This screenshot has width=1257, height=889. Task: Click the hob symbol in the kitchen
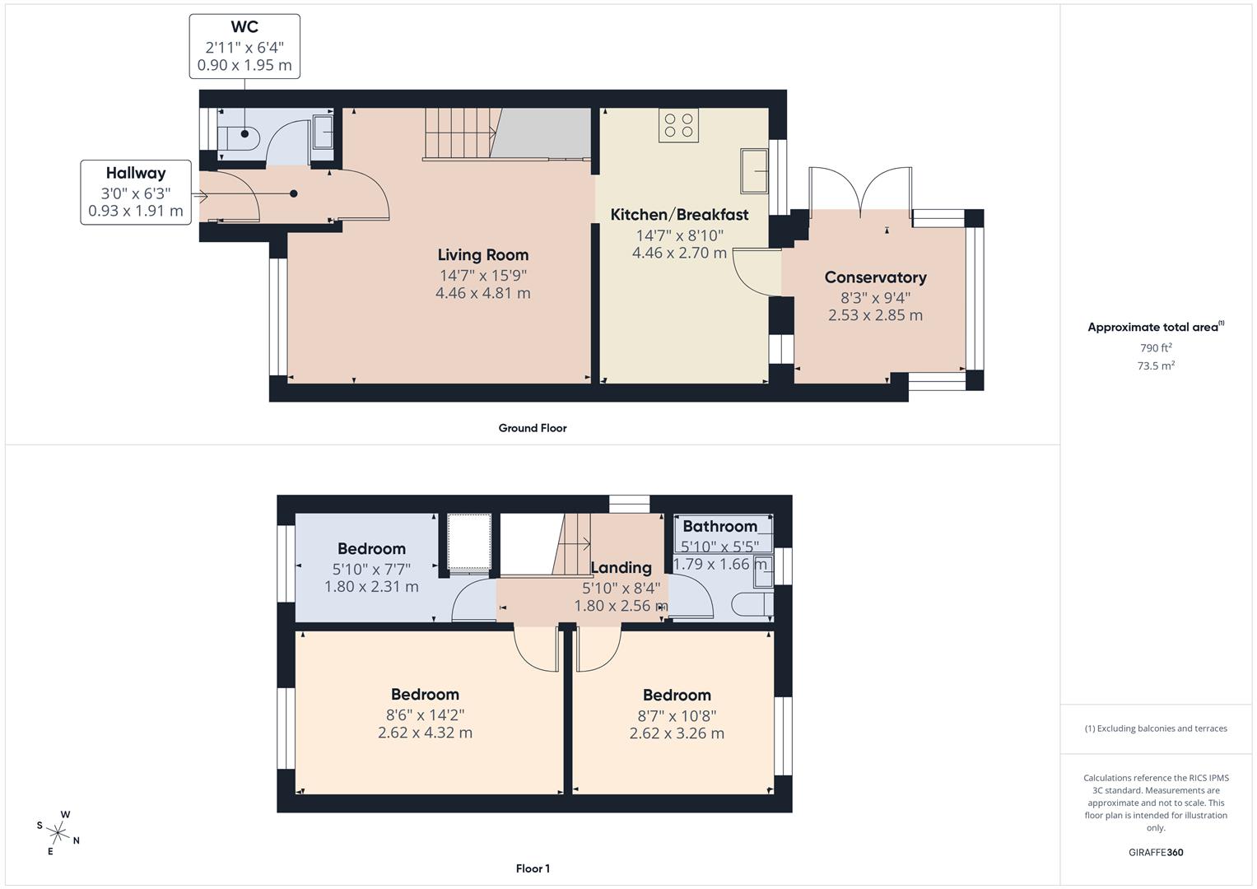click(x=678, y=125)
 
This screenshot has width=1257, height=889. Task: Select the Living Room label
click(x=482, y=255)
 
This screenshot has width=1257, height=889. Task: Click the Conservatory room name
click(x=875, y=277)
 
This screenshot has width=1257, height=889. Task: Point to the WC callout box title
click(x=244, y=27)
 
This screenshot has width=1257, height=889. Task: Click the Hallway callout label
click(x=136, y=173)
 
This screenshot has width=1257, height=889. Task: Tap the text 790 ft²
click(x=1156, y=348)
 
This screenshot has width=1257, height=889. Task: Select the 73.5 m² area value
click(x=1156, y=366)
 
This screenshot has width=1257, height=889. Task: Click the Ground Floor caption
click(x=533, y=428)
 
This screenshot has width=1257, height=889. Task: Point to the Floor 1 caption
click(x=533, y=868)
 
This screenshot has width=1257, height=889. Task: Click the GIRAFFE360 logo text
click(x=1156, y=853)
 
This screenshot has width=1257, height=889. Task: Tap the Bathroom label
click(x=719, y=526)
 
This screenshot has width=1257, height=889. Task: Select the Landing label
click(x=621, y=567)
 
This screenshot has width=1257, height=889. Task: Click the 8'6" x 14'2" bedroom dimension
click(x=425, y=715)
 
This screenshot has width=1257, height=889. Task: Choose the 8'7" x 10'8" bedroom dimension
click(x=677, y=716)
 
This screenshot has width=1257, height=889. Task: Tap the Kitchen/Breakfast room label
click(x=679, y=215)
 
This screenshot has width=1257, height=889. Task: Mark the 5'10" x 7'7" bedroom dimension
click(x=371, y=569)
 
